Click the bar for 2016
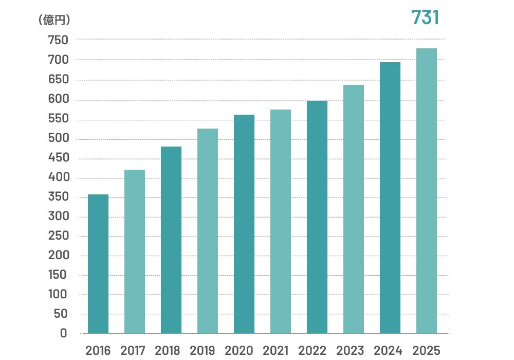(98, 264)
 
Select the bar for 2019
(208, 231)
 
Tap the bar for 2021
(281, 221)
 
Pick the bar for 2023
(354, 209)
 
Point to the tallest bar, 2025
(427, 191)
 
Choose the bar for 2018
(171, 240)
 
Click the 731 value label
(425, 18)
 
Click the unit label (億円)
(54, 20)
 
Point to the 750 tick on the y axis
(57, 40)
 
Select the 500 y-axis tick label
(57, 139)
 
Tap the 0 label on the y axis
(63, 333)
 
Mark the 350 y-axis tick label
(57, 197)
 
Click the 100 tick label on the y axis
(57, 295)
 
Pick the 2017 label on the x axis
(134, 351)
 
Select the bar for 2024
(390, 197)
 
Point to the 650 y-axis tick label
(57, 80)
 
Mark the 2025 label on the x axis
(427, 351)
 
